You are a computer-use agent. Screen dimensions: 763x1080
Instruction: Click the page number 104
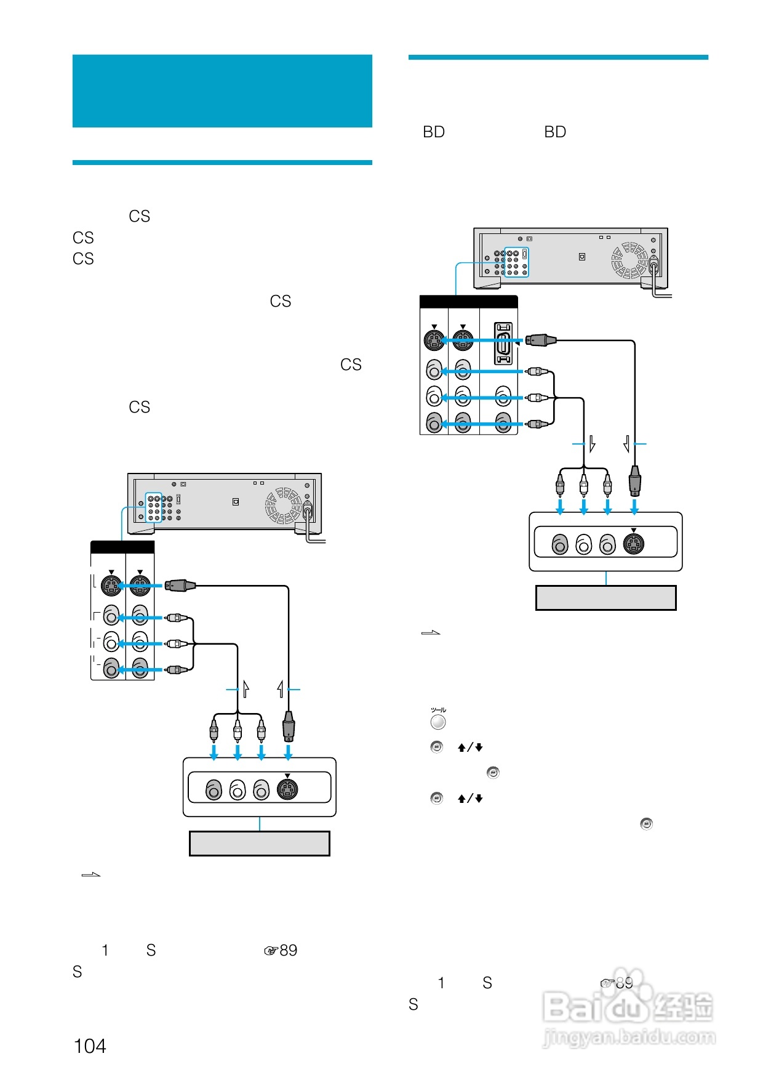pos(90,1046)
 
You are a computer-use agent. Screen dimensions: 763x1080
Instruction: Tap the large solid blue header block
pos(222,91)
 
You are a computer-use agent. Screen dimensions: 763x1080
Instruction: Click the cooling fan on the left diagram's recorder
pos(284,506)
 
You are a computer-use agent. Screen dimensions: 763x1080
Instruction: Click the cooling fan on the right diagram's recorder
pos(629,260)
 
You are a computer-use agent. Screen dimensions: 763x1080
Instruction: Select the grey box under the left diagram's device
pos(260,844)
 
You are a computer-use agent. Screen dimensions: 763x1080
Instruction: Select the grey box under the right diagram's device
pos(606,598)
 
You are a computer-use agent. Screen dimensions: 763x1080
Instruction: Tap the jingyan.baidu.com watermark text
pos(629,1038)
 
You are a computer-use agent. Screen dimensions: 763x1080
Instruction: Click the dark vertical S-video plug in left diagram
pos(288,727)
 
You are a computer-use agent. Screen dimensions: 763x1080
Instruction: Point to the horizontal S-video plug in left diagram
pos(180,586)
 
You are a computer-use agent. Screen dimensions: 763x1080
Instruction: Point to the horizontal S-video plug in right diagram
pos(541,340)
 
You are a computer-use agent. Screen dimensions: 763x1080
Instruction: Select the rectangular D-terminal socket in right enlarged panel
pos(503,344)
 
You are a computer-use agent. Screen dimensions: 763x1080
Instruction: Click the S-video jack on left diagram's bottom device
pos(287,789)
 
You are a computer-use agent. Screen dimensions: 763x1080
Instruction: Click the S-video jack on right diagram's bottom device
pos(634,544)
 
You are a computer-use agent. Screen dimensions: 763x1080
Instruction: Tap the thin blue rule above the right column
pos(558,57)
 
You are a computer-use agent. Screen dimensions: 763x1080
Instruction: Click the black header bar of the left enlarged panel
pos(122,547)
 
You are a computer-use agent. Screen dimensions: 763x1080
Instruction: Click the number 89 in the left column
pos(288,950)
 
